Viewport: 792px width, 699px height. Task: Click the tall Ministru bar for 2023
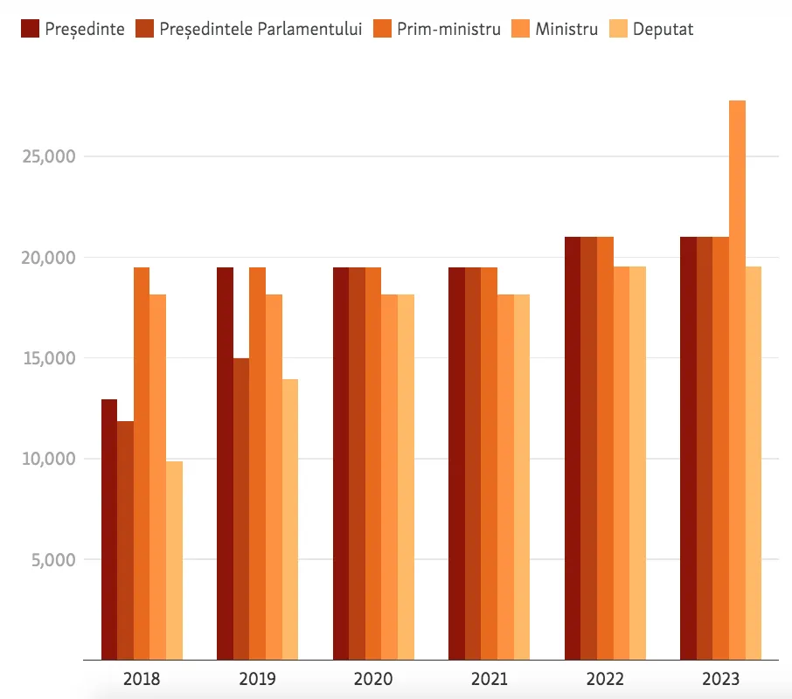pyautogui.click(x=737, y=380)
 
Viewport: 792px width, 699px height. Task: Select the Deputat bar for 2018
pyautogui.click(x=174, y=560)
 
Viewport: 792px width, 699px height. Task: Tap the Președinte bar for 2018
pyautogui.click(x=109, y=529)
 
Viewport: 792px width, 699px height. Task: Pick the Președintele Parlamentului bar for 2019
pyautogui.click(x=241, y=509)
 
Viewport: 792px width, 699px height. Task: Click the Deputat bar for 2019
pyautogui.click(x=290, y=519)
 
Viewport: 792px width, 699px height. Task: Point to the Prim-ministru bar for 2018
pyautogui.click(x=142, y=463)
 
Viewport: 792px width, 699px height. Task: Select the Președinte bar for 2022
pyautogui.click(x=573, y=448)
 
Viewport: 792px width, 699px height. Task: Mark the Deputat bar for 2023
pyautogui.click(x=754, y=463)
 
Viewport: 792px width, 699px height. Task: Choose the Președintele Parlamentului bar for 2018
pyautogui.click(x=125, y=541)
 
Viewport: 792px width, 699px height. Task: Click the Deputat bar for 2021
pyautogui.click(x=522, y=477)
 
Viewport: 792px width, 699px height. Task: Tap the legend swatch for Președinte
pyautogui.click(x=31, y=29)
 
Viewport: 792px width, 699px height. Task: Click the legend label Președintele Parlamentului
pyautogui.click(x=261, y=30)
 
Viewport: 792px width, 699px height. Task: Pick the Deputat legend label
pyautogui.click(x=663, y=30)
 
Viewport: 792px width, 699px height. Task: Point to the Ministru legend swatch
pyautogui.click(x=520, y=29)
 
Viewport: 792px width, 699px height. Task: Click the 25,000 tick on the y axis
pyautogui.click(x=49, y=156)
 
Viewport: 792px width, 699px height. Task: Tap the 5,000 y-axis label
pyautogui.click(x=53, y=560)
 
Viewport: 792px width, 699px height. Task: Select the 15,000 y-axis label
pyautogui.click(x=49, y=358)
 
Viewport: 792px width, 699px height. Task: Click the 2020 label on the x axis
pyautogui.click(x=373, y=679)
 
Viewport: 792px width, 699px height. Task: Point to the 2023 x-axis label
pyautogui.click(x=721, y=679)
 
